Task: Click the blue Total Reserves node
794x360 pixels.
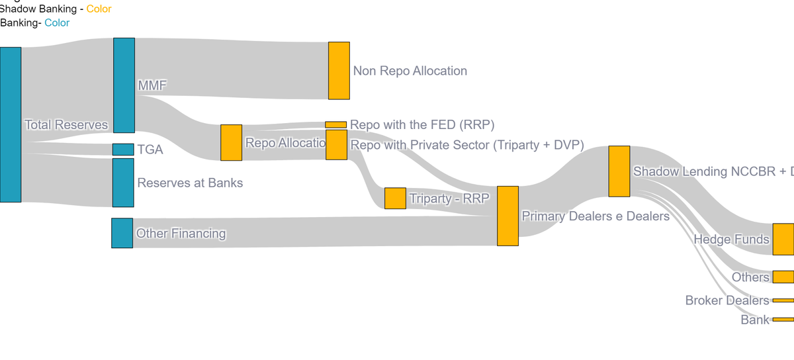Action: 11,124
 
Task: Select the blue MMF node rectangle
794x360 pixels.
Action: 124,85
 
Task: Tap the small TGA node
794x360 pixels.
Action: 123,150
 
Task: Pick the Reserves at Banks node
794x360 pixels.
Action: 123,183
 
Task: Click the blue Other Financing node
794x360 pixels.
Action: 122,233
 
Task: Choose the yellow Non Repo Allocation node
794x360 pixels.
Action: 339,71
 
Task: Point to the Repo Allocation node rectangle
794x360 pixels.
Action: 231,142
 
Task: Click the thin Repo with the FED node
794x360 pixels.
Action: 335,124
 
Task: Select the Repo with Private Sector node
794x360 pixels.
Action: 336,145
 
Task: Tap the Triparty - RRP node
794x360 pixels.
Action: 395,199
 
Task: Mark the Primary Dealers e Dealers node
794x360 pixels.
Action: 507,216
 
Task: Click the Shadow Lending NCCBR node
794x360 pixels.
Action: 619,171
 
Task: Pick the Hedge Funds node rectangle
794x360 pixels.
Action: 783,239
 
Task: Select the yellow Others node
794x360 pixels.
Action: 783,277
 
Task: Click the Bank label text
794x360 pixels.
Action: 755,320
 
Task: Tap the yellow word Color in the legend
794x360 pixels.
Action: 99,9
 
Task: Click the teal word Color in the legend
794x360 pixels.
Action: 57,23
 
